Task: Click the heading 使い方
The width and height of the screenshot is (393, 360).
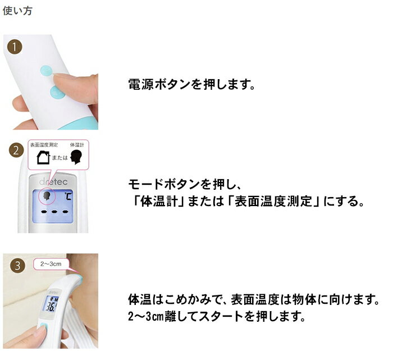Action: point(17,11)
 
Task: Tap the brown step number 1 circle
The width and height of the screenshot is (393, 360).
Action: point(15,47)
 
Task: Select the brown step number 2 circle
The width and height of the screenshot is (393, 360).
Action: point(16,151)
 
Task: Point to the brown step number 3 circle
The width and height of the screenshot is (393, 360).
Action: point(17,266)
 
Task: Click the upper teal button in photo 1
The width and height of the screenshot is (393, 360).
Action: point(47,71)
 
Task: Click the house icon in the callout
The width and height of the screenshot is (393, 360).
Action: point(43,157)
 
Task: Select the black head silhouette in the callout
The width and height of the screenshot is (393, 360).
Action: point(76,157)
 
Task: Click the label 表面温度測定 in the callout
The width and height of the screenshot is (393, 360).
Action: point(44,145)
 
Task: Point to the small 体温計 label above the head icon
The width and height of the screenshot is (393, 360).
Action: point(77,145)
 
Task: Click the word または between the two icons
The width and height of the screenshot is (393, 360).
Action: point(60,158)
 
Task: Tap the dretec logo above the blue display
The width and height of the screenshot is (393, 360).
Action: point(53,182)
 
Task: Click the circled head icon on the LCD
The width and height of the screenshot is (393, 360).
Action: point(47,195)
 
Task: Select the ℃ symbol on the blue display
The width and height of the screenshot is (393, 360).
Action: point(67,196)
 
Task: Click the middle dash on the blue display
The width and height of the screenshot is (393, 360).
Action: point(54,212)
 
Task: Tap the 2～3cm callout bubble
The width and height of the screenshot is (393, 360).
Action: point(51,264)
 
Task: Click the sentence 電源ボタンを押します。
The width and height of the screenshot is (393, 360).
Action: point(192,84)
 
